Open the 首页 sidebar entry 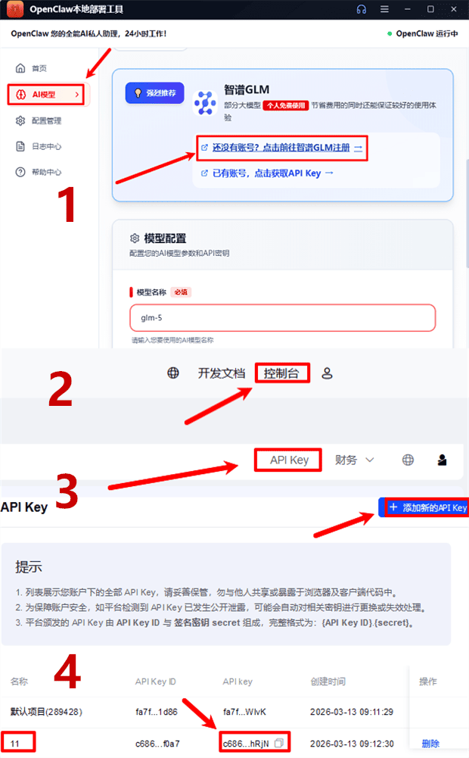click(39, 69)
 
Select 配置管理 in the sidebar click(48, 121)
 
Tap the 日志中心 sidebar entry click(48, 147)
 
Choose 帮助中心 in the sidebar click(48, 173)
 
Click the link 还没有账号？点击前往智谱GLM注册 click(281, 148)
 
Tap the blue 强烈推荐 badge click(155, 93)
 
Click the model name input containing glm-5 click(282, 318)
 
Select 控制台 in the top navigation click(281, 373)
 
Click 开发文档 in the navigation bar click(222, 373)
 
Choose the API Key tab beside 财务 click(289, 460)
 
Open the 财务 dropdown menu click(355, 460)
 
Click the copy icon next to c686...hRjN click(278, 744)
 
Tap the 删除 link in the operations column click(430, 744)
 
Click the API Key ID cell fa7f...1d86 click(157, 713)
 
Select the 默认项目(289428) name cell click(46, 713)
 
